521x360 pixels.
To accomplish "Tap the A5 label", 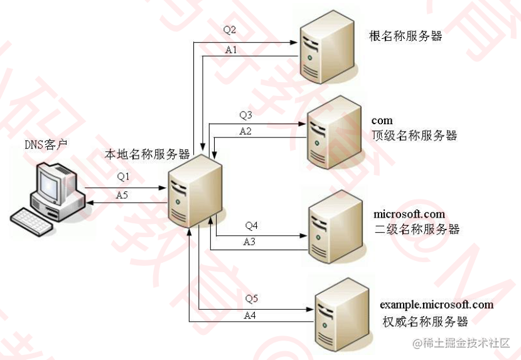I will (123, 195).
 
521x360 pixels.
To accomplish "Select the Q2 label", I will (230, 30).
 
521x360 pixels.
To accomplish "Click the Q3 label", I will (245, 115).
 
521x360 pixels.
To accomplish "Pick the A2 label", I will (245, 131).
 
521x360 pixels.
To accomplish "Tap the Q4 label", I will (252, 225).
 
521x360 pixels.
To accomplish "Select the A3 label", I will (250, 241).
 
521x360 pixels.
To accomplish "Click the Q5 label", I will (251, 298).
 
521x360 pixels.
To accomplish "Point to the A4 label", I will (250, 315).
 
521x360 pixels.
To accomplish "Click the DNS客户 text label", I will (46, 145).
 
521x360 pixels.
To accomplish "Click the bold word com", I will (382, 120).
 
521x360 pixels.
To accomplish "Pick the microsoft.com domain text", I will (409, 214).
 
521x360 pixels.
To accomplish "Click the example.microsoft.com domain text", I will (436, 305).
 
